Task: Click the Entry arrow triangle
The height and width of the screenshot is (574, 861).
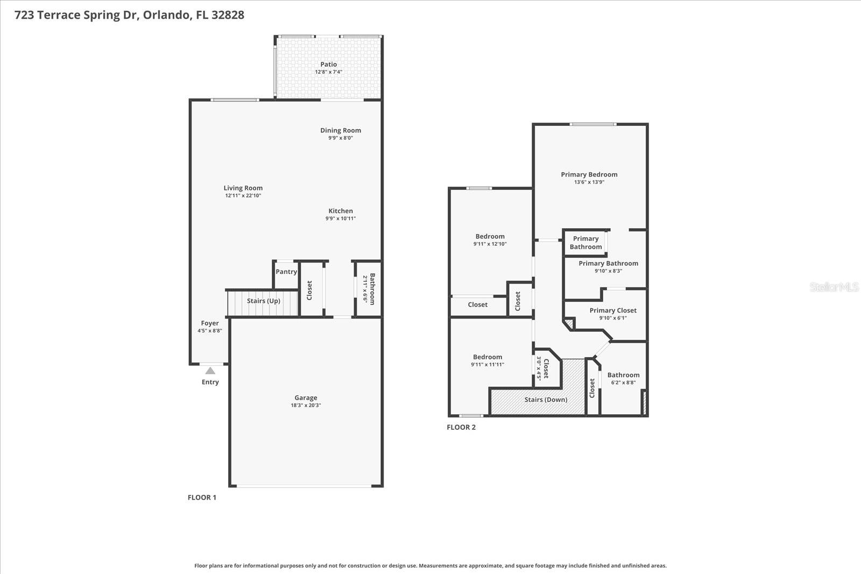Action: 210,371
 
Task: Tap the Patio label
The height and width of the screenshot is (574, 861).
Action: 328,64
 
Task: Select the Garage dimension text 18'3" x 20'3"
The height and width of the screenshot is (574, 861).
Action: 306,406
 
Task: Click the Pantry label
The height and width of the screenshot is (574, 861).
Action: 286,272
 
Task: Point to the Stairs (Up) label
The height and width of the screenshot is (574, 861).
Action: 264,301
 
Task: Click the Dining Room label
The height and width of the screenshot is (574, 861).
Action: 341,130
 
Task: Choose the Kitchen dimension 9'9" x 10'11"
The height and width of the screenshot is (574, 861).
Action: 341,218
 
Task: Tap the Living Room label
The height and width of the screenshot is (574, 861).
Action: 243,188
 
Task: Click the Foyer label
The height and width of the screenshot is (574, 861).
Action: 210,323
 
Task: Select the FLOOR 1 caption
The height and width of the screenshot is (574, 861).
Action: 202,498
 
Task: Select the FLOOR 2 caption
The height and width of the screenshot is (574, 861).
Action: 461,428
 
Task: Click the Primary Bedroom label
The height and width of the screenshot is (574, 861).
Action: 589,174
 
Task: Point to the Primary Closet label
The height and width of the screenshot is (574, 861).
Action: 613,310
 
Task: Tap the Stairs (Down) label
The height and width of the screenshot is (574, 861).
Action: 546,400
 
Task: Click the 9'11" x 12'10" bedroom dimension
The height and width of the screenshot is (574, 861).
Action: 490,244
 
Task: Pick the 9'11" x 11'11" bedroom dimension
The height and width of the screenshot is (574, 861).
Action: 488,365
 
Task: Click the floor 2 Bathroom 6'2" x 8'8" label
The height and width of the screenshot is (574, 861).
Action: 623,375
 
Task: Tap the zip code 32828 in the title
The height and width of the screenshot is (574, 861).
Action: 228,15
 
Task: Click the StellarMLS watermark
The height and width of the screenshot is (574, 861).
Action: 834,287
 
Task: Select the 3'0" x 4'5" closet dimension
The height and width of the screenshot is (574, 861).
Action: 538,369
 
